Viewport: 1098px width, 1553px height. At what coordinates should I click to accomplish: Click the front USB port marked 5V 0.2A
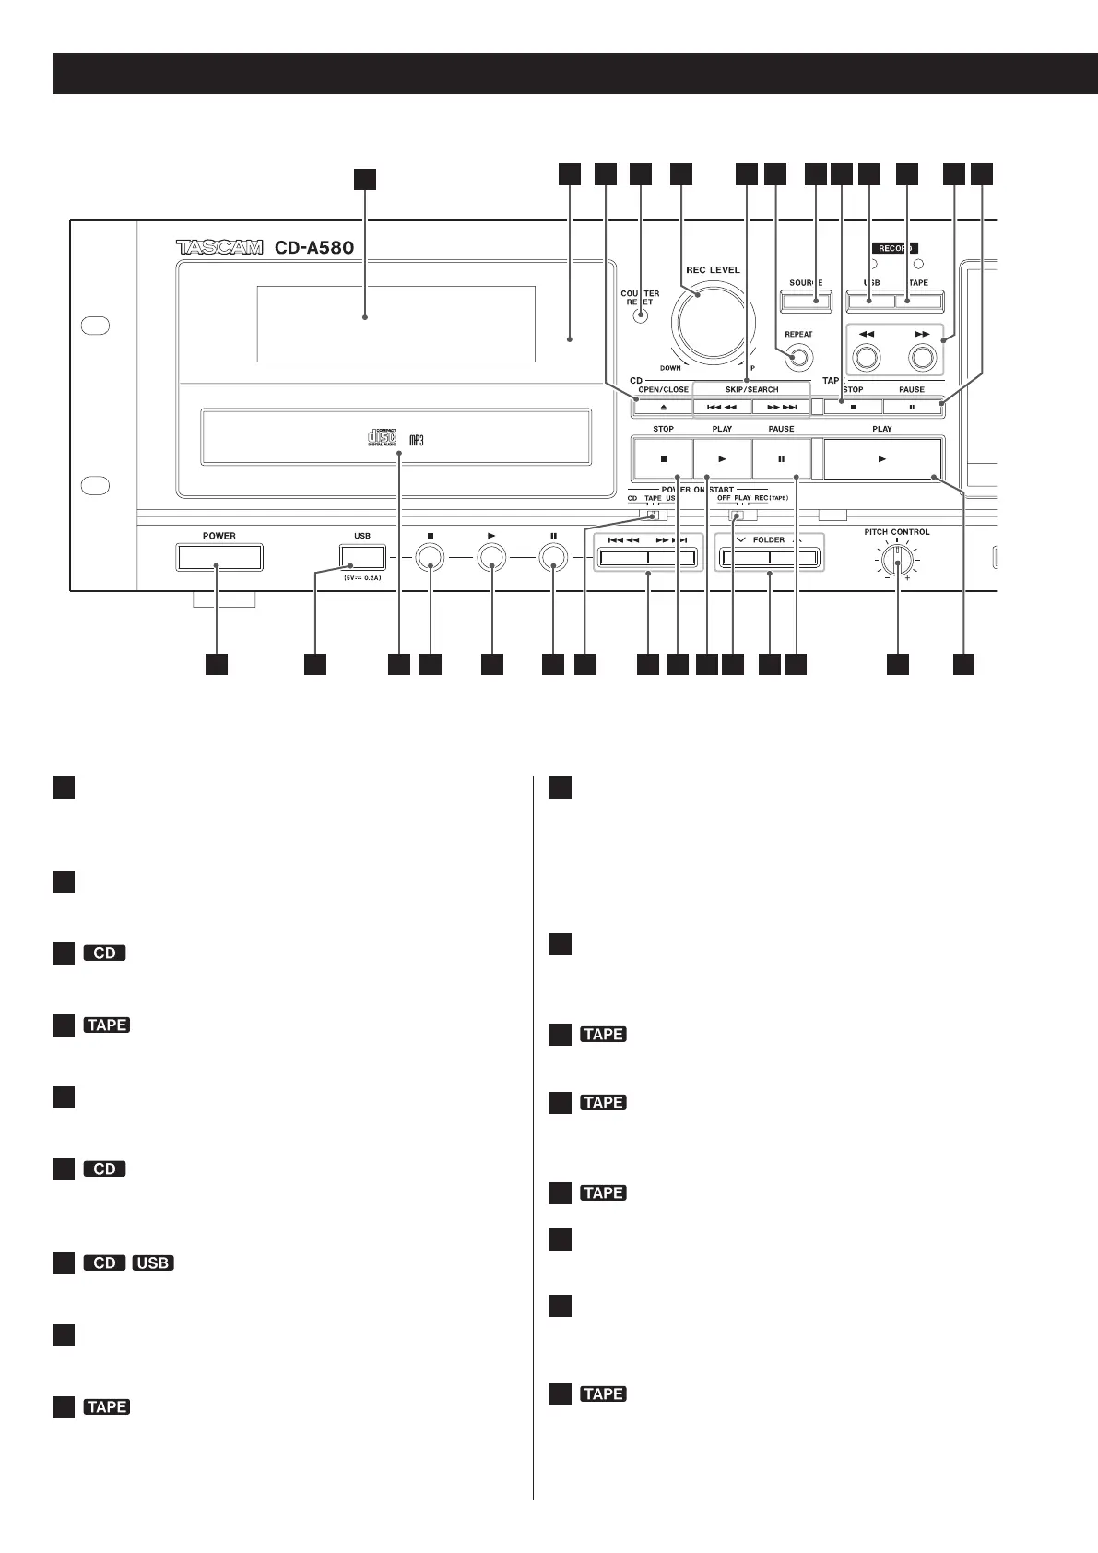(x=361, y=557)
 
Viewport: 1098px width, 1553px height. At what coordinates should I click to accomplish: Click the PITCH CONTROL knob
(x=896, y=560)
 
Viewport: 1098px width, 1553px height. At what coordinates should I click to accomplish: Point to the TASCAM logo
(x=219, y=247)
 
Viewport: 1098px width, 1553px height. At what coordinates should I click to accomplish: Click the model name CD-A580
(x=313, y=247)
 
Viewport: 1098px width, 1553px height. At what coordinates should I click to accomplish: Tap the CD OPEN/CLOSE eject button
(x=663, y=407)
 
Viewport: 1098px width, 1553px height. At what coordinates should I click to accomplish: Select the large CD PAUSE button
(x=781, y=458)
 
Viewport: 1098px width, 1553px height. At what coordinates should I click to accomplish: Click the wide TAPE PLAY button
(x=882, y=458)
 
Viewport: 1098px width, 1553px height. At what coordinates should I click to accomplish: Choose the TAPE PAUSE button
(x=912, y=407)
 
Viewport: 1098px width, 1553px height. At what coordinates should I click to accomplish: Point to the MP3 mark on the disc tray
(x=416, y=439)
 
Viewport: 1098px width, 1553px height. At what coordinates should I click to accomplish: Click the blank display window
(x=396, y=324)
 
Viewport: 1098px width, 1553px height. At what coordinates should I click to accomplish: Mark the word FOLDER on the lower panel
(x=769, y=540)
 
